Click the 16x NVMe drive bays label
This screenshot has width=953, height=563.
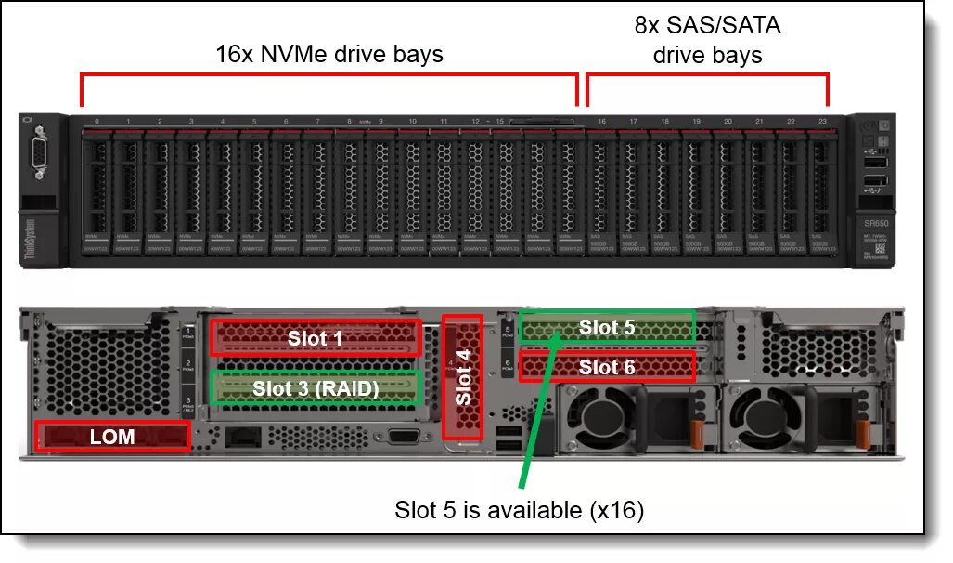(x=329, y=55)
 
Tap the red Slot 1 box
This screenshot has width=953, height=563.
(x=316, y=338)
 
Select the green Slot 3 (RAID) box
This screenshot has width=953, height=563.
(x=316, y=387)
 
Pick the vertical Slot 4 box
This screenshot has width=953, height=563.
(x=463, y=376)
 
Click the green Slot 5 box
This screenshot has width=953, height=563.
(x=607, y=327)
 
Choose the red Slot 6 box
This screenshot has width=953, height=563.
(x=607, y=367)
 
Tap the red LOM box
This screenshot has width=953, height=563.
(x=112, y=436)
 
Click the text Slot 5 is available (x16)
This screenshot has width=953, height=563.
(x=519, y=510)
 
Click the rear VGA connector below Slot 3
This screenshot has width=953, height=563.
(x=402, y=437)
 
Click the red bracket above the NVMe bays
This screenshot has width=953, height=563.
(x=329, y=74)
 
